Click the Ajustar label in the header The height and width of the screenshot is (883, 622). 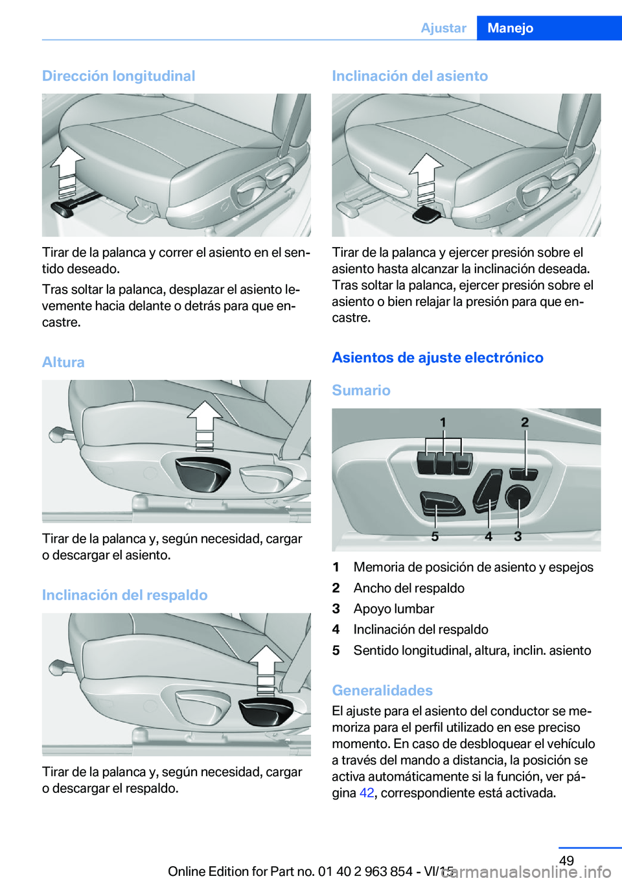(x=444, y=28)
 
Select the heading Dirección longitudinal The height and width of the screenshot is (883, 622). (x=119, y=76)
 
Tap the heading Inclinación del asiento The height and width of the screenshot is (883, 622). (x=409, y=76)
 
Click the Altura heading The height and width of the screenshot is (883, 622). (x=63, y=362)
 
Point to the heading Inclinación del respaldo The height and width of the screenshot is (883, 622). (x=125, y=595)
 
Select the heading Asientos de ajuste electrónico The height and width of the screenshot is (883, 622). (x=437, y=357)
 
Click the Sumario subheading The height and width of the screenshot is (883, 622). (x=362, y=390)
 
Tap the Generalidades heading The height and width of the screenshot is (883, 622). (x=382, y=690)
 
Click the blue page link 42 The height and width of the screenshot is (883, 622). (x=367, y=793)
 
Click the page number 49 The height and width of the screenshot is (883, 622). (x=566, y=860)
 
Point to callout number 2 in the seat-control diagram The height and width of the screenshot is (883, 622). (x=525, y=423)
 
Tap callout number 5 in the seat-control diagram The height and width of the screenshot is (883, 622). (x=435, y=536)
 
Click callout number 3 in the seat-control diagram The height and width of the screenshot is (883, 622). (x=518, y=536)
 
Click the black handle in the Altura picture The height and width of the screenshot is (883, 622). (x=203, y=474)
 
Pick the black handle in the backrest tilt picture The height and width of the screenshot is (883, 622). (x=266, y=712)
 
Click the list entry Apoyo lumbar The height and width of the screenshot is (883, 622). (x=393, y=609)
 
